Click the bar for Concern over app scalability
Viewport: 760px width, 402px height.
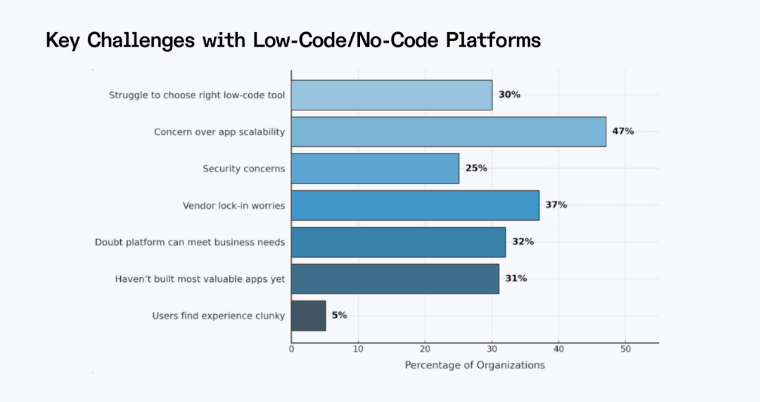[449, 132]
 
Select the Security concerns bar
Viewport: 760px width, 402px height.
[375, 168]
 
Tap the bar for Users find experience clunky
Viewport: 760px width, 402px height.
[309, 316]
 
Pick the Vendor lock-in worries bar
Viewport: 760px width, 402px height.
[415, 205]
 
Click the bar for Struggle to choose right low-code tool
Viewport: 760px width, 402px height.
[392, 95]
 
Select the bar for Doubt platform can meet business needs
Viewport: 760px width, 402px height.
[399, 241]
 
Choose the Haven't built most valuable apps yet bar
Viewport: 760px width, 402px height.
[395, 279]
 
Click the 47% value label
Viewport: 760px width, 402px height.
[624, 132]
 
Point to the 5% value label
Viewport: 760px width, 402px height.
[340, 316]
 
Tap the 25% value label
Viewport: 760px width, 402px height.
[476, 168]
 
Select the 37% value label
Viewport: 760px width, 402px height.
[556, 205]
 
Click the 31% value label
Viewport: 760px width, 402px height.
[516, 279]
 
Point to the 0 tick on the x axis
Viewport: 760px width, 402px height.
[292, 349]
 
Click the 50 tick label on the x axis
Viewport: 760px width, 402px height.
[625, 349]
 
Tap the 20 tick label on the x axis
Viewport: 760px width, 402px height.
[425, 349]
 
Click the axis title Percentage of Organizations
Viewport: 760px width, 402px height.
[475, 365]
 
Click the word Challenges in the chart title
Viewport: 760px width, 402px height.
[136, 40]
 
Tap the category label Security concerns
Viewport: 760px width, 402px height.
[244, 168]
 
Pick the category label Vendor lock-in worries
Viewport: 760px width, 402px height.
[233, 205]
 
